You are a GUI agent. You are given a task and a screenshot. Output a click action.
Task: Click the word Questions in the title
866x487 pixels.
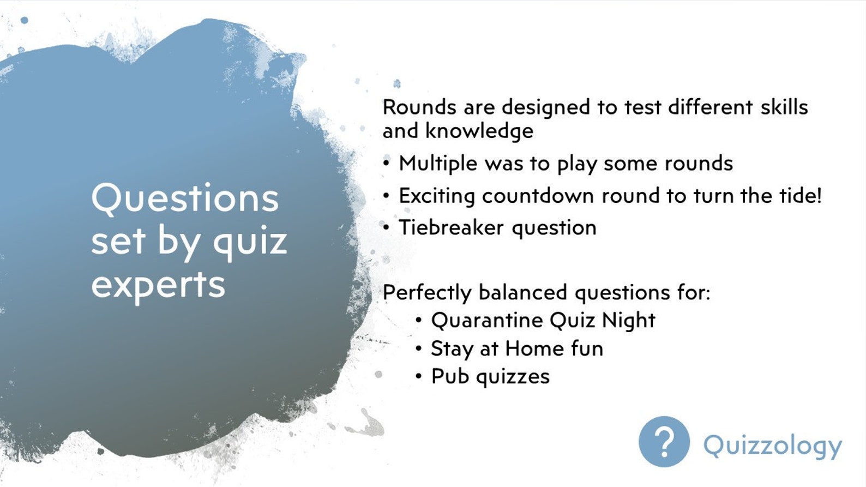tap(185, 199)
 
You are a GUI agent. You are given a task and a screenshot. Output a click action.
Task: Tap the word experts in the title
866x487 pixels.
tap(158, 285)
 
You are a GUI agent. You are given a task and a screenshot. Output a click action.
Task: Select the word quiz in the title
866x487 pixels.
tap(250, 242)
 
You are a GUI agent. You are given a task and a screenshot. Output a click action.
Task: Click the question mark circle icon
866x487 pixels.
tap(664, 442)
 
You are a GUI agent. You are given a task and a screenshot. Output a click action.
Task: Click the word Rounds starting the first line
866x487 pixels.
tap(419, 107)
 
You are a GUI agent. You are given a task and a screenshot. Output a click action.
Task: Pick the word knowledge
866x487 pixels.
tap(479, 131)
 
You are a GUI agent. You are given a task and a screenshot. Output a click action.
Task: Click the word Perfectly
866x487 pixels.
tap(426, 293)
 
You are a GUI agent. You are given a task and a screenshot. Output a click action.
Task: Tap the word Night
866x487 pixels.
tap(628, 321)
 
